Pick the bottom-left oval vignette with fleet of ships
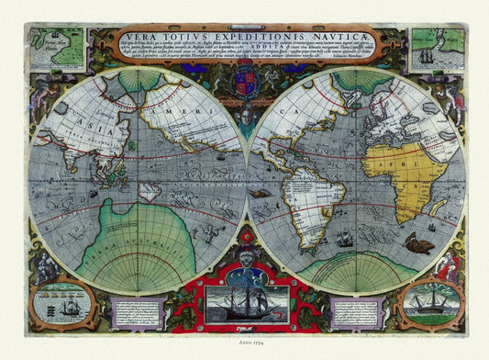click(61, 302)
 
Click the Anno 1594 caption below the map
click(244, 348)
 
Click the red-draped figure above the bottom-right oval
click(448, 266)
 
